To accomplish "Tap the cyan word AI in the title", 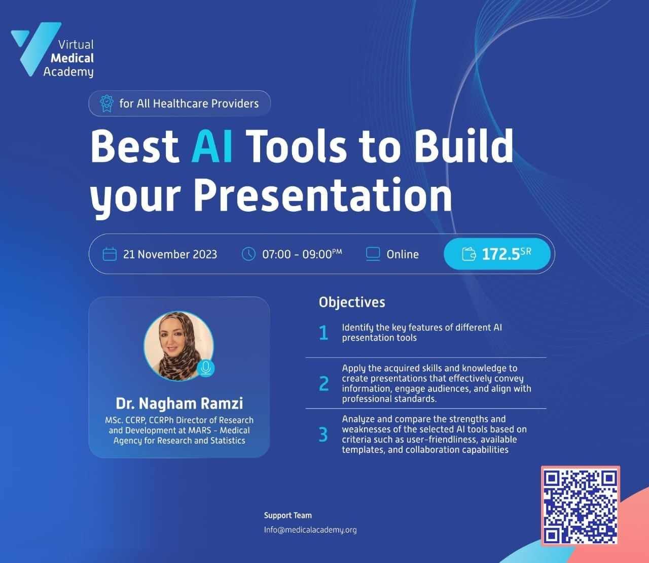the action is [x=212, y=146].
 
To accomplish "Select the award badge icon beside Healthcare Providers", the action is [x=106, y=104].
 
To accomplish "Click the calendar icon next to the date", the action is [x=110, y=254].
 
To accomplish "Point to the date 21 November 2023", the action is [x=170, y=254].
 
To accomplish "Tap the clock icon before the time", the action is [x=248, y=254].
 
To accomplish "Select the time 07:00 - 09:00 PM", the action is [x=302, y=254].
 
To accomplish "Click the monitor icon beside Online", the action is [x=373, y=254].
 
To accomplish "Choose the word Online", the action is [x=403, y=254].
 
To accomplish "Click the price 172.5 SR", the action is [x=507, y=254].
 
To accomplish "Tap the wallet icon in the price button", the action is [x=469, y=254].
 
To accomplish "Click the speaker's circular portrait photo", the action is [x=178, y=346].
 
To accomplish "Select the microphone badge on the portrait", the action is [x=206, y=368].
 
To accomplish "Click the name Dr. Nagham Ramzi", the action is [x=179, y=404].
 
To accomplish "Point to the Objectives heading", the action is [x=352, y=303].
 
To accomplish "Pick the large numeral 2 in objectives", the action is [x=323, y=383].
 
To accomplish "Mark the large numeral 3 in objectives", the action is [x=323, y=435].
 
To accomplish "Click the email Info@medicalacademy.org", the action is [x=310, y=529].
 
